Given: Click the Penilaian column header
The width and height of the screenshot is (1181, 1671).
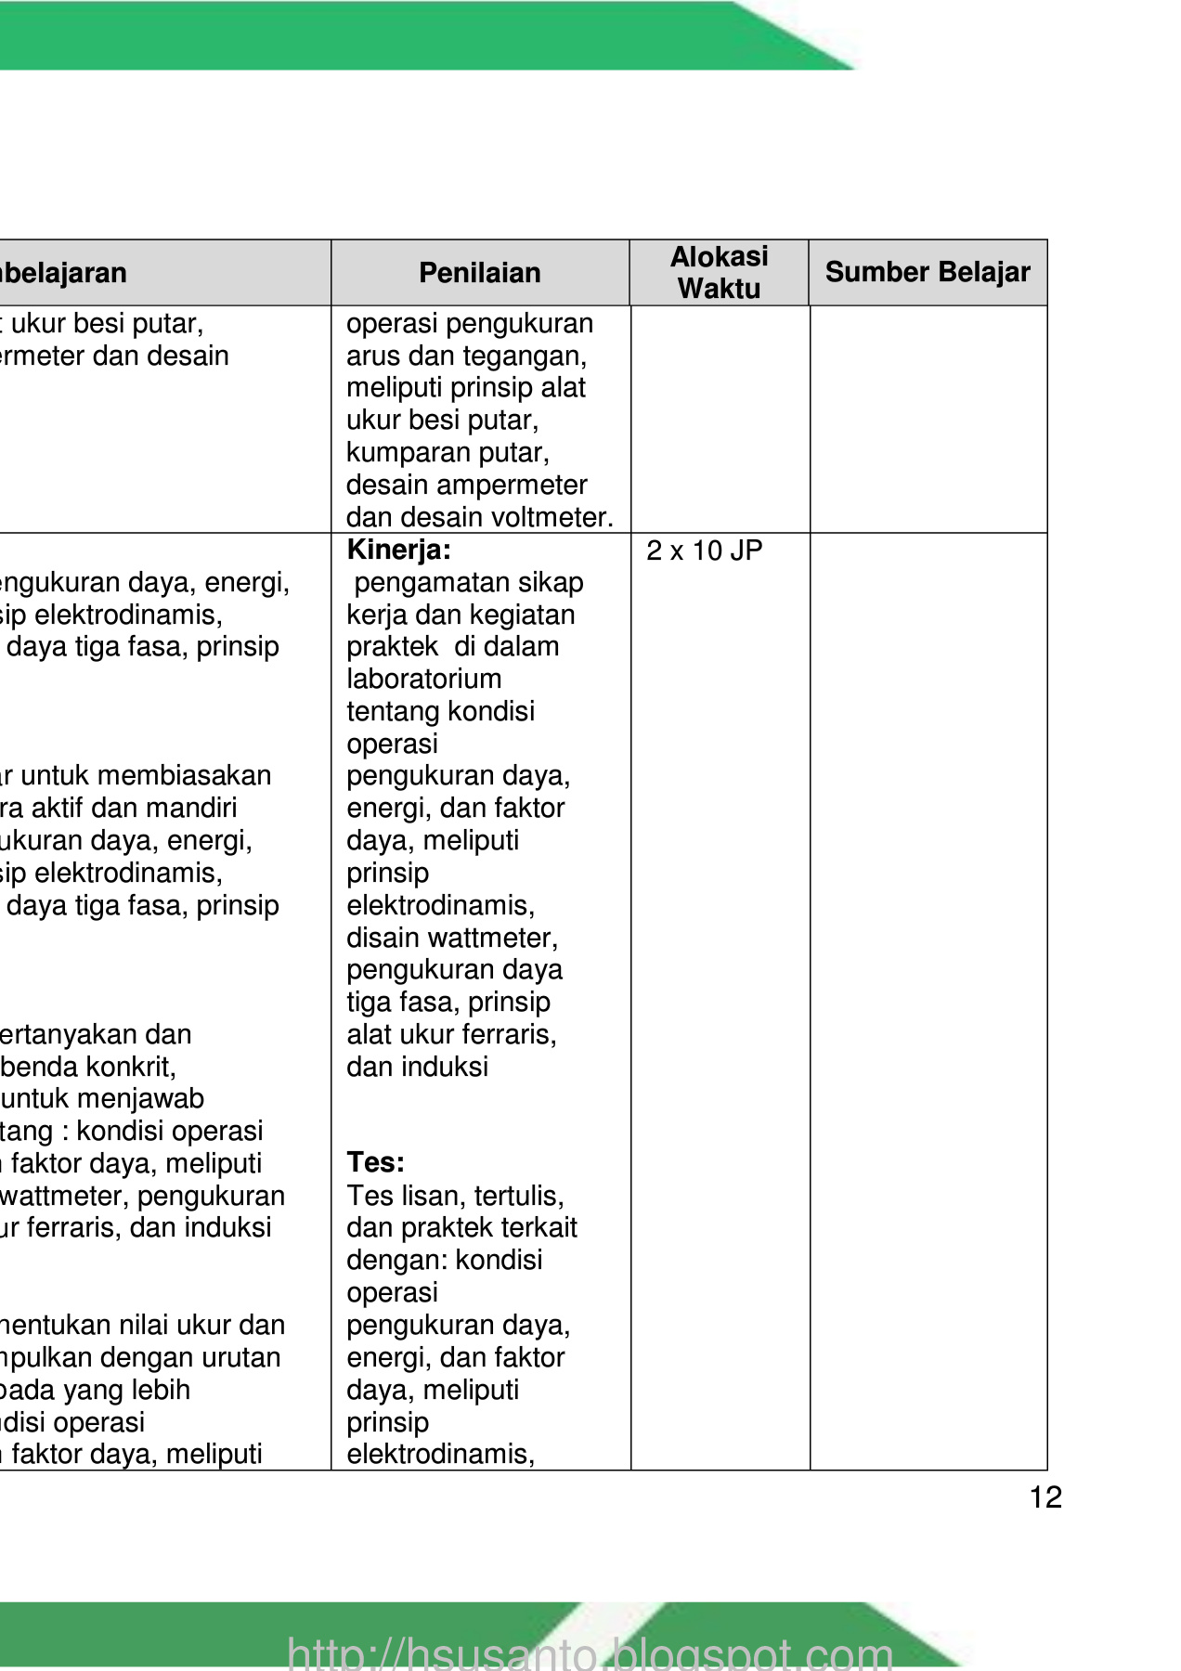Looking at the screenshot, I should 479,273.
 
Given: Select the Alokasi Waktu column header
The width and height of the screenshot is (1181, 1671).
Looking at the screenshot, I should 719,272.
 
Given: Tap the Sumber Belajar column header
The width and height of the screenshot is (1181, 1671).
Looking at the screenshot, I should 928,272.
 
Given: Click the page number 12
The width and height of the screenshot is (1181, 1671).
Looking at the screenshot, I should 1045,1497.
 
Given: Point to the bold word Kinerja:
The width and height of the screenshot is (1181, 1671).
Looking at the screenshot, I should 398,551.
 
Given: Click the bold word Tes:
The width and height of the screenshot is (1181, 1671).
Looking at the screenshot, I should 375,1162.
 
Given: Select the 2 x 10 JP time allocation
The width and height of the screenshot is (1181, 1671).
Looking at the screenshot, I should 704,551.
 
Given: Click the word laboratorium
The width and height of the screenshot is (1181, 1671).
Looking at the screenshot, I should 423,679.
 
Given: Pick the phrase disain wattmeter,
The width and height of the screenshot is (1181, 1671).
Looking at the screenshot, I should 452,938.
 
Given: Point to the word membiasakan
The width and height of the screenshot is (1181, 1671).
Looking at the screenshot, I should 204,775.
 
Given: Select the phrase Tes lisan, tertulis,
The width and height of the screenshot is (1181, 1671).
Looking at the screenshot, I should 455,1196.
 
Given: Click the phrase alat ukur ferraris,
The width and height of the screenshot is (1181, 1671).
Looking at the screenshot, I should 451,1034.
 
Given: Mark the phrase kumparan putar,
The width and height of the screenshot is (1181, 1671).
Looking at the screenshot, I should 448,452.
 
